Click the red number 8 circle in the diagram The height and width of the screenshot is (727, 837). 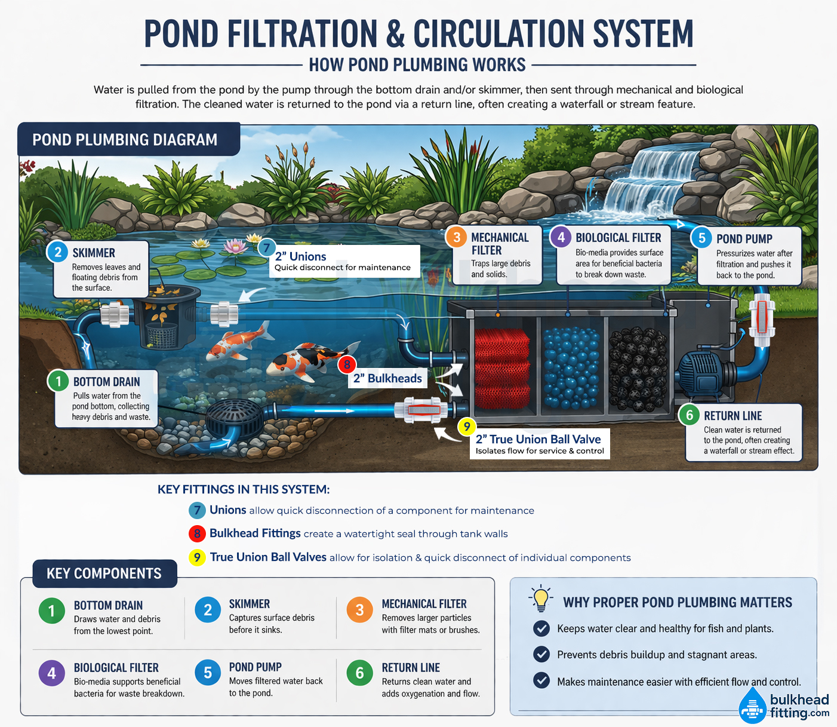[x=347, y=364]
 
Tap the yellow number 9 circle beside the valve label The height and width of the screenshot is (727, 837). [x=467, y=427]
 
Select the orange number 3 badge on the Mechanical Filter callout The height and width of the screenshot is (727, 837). [x=457, y=237]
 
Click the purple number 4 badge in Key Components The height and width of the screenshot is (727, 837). [x=52, y=673]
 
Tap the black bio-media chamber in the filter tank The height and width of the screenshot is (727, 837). [x=638, y=369]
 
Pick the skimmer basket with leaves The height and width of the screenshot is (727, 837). [x=162, y=323]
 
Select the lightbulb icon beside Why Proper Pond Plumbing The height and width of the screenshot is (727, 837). [x=541, y=599]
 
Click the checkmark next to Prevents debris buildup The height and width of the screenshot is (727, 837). [x=541, y=654]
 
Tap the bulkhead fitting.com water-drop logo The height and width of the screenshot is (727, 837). [x=752, y=706]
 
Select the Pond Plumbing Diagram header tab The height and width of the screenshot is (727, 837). [x=125, y=140]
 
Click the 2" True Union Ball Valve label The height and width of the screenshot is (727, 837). [x=538, y=440]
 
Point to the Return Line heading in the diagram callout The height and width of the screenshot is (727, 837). [x=733, y=416]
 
